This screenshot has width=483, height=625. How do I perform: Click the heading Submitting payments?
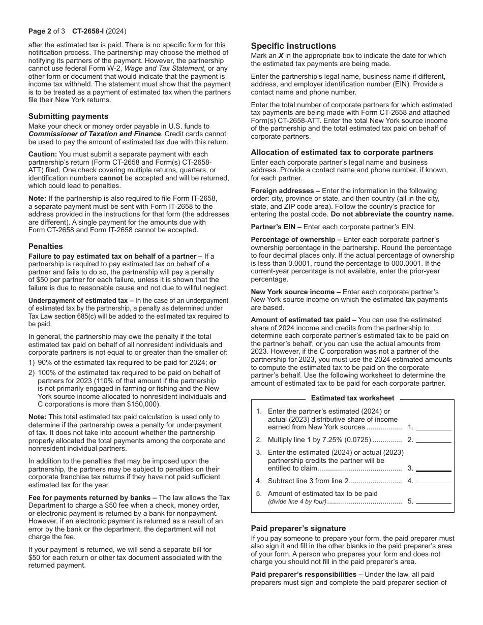68,116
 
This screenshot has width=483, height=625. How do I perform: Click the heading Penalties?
45,246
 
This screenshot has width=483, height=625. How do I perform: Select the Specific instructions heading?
293,46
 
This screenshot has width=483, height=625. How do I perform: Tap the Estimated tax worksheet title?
352,398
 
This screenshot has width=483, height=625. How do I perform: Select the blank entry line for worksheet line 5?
434,502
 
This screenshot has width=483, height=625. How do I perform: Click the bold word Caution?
42,154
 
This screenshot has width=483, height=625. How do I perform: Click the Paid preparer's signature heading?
298,528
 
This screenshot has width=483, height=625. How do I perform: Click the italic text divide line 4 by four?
297,502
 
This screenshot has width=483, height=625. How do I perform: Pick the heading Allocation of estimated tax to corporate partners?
342,152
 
